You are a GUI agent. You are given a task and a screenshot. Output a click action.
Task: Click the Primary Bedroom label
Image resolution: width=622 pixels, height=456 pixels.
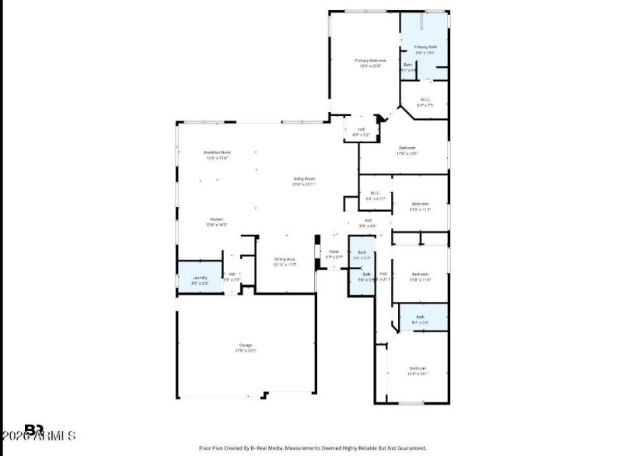point(370,60)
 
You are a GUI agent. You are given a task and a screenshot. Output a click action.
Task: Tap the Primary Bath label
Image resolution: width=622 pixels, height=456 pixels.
point(425,47)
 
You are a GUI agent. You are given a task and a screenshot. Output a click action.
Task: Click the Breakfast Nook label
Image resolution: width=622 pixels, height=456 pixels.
point(217,153)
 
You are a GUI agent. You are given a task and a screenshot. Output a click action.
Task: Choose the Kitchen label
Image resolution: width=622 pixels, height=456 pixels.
point(216,219)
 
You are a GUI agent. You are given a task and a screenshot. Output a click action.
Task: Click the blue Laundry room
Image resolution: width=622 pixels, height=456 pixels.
point(200,279)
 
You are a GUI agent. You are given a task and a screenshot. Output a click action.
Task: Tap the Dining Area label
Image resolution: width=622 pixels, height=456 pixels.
point(285,259)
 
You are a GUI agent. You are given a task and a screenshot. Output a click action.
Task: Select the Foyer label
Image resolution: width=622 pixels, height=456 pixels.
point(334,251)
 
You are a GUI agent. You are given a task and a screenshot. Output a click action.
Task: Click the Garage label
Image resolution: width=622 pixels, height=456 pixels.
point(246,345)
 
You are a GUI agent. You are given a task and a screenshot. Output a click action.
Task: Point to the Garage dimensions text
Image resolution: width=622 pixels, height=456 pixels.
point(246,351)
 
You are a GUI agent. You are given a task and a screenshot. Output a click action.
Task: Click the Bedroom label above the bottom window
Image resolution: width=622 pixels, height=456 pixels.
point(418,368)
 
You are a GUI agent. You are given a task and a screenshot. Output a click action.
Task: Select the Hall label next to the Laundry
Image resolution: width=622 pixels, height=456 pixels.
point(232,273)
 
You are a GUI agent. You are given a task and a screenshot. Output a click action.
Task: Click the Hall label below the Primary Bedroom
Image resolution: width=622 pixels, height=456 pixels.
point(361,129)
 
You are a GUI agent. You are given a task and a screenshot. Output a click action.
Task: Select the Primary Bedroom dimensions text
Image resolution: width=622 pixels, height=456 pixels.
point(370,66)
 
